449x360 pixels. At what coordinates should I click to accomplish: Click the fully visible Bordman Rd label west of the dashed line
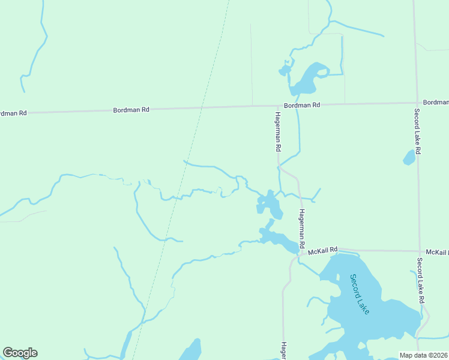pyautogui.click(x=131, y=110)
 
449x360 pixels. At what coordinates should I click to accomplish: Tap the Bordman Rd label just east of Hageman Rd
pyautogui.click(x=302, y=105)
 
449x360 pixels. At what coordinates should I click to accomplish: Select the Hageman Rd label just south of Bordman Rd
pyautogui.click(x=278, y=131)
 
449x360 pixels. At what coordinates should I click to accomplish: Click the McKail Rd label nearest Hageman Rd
pyautogui.click(x=324, y=249)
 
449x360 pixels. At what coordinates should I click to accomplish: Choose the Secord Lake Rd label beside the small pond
pyautogui.click(x=417, y=131)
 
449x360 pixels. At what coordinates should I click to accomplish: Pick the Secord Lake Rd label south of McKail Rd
pyautogui.click(x=421, y=280)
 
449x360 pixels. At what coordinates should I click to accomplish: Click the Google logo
pyautogui.click(x=20, y=353)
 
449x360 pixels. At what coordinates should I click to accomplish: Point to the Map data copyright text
pyautogui.click(x=424, y=355)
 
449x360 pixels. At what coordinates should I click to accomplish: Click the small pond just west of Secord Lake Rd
pyautogui.click(x=409, y=158)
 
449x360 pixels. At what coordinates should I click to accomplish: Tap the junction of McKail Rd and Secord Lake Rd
pyautogui.click(x=418, y=251)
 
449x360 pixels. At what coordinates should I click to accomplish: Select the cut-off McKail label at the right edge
pyautogui.click(x=437, y=251)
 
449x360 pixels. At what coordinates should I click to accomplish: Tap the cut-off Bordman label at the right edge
pyautogui.click(x=435, y=103)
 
